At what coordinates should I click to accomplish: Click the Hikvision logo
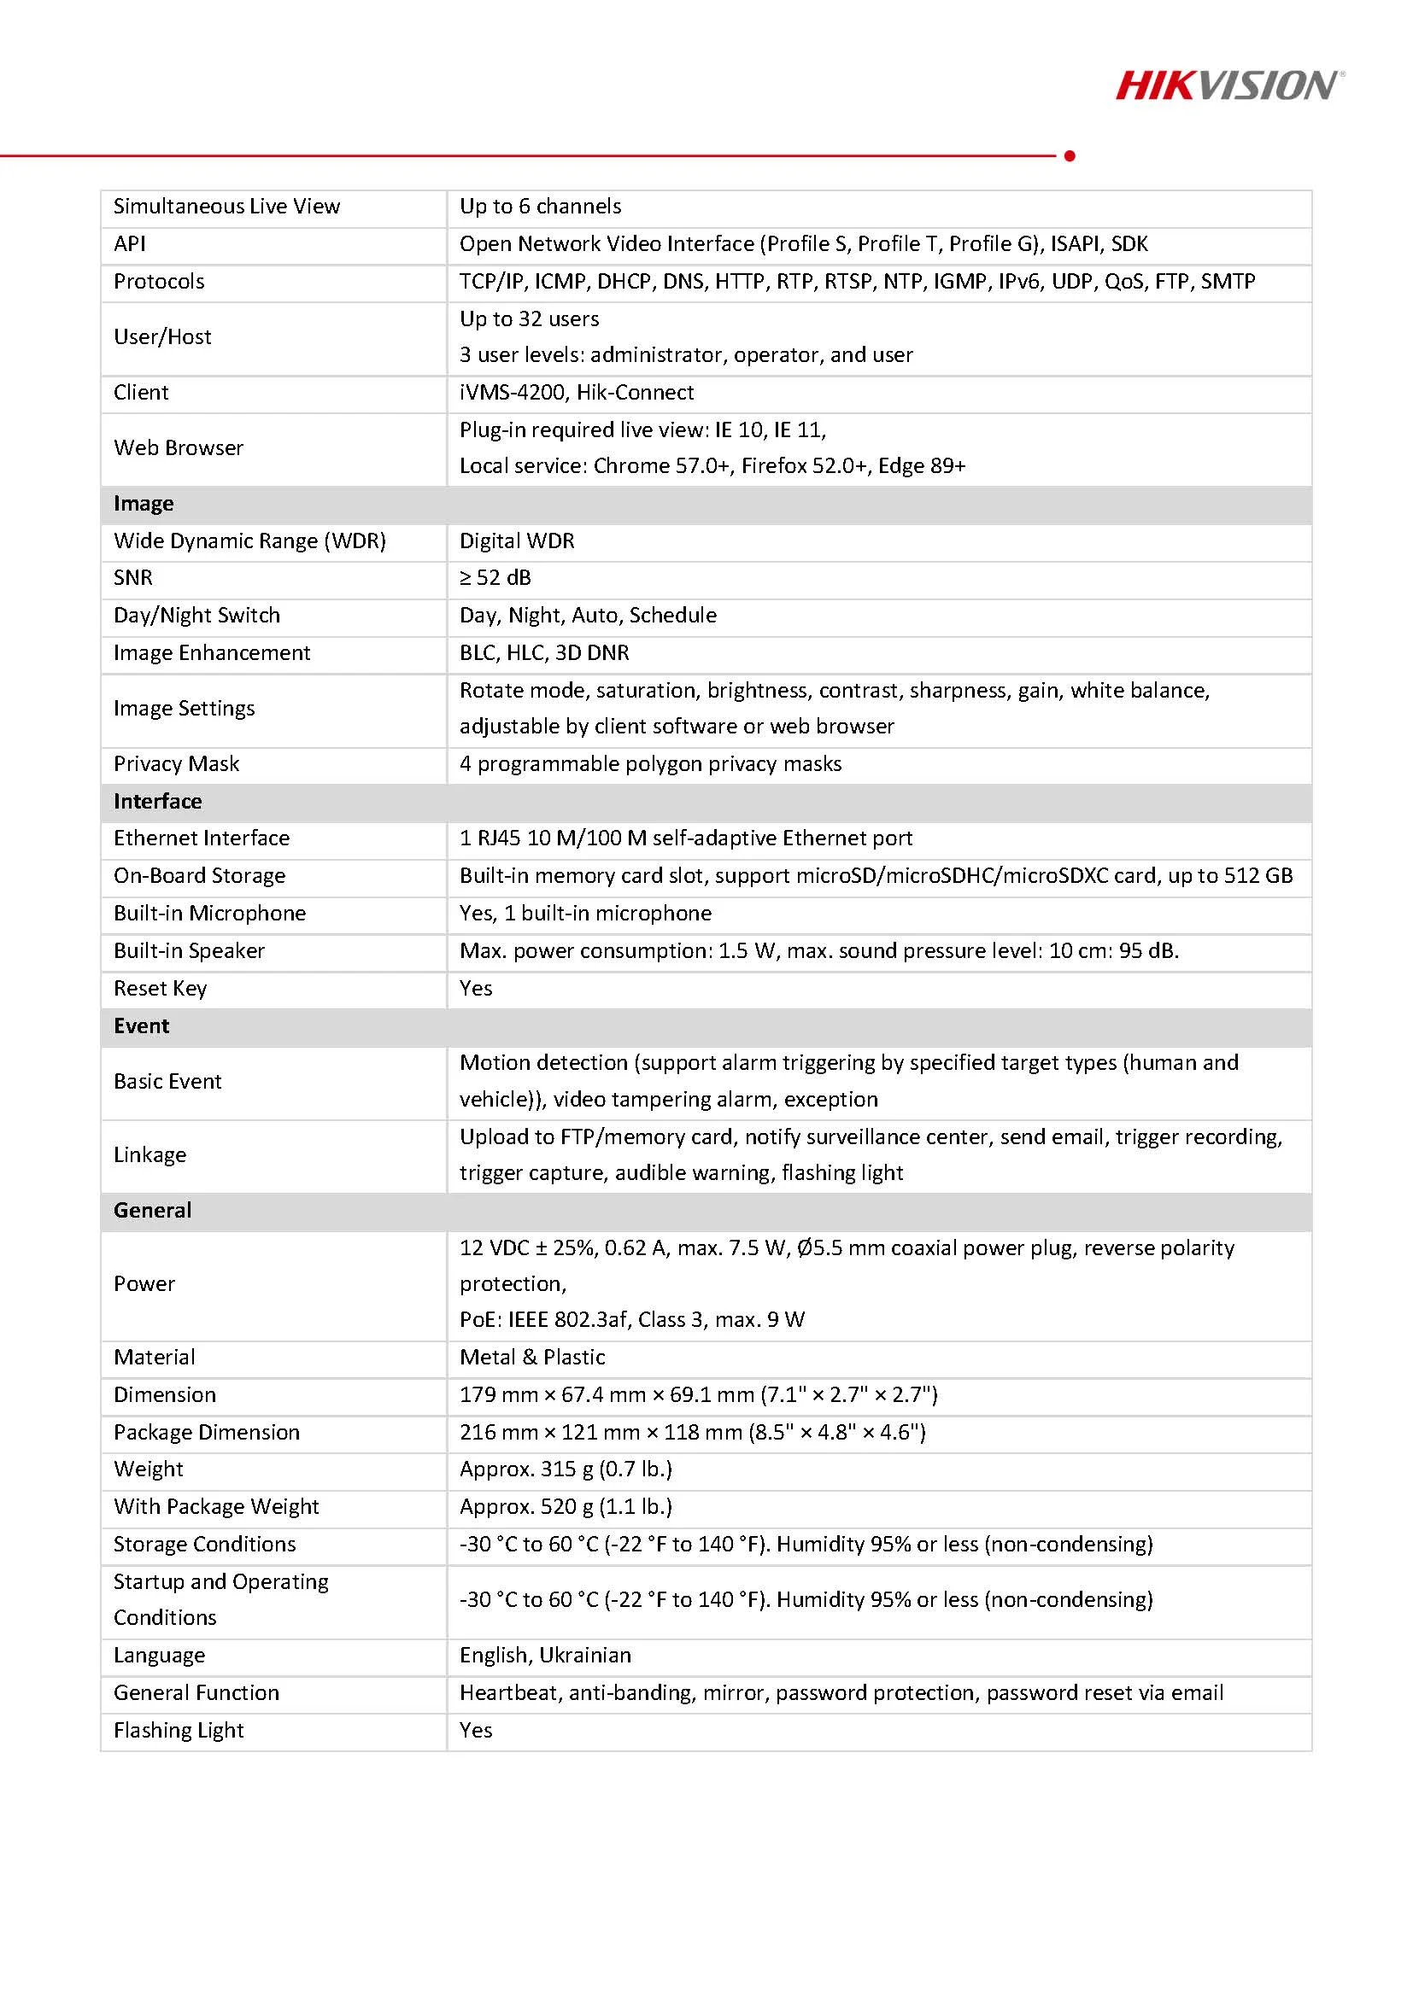point(1229,85)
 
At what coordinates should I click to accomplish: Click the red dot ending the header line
point(1070,155)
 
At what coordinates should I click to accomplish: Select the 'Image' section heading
point(144,504)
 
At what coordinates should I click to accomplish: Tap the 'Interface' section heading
point(157,802)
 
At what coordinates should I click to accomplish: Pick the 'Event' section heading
point(142,1026)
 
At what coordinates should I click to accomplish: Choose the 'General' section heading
point(152,1211)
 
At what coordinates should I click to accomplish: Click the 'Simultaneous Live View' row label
point(226,207)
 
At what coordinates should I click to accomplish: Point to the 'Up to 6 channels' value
point(540,207)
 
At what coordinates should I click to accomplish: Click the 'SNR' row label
point(133,578)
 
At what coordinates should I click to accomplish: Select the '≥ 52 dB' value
point(495,578)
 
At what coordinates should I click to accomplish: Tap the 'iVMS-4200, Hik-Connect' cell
point(577,393)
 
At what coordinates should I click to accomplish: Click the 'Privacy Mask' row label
point(176,764)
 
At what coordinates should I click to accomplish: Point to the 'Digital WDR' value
point(516,541)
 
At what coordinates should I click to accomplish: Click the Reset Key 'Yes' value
point(475,989)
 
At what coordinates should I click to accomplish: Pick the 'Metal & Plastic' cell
point(532,1358)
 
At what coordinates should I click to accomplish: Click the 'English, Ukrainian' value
point(545,1655)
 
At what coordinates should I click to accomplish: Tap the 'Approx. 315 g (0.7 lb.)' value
point(566,1469)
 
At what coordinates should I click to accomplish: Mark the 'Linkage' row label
point(150,1154)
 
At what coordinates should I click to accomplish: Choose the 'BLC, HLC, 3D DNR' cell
point(544,652)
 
